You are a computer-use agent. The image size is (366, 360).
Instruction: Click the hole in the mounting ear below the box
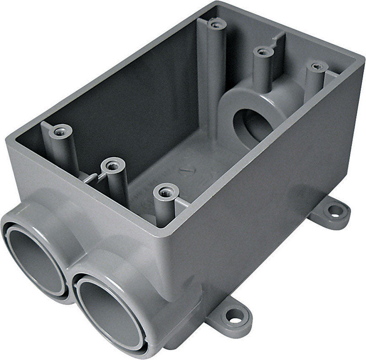click(234, 315)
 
